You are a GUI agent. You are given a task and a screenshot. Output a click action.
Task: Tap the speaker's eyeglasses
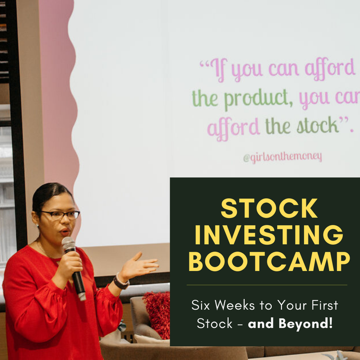click(x=61, y=215)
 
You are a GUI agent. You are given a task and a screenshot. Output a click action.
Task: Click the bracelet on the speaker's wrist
click(x=121, y=282)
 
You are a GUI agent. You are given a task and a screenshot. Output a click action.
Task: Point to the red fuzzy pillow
click(x=157, y=314)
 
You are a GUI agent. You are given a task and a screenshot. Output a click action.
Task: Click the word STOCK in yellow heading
click(x=269, y=208)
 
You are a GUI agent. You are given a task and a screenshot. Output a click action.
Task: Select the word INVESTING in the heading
click(x=269, y=235)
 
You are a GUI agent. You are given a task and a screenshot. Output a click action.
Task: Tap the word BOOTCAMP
click(x=269, y=261)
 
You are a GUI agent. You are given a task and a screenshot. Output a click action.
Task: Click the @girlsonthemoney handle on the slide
click(x=282, y=157)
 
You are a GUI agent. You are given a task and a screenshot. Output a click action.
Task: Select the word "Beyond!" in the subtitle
click(x=305, y=323)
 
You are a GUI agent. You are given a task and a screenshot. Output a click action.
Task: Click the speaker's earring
click(x=38, y=226)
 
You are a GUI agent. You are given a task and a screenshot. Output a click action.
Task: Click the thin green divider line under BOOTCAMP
click(x=267, y=285)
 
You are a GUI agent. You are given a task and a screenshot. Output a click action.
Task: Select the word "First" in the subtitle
click(x=325, y=305)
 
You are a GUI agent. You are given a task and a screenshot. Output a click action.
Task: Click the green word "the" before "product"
click(x=205, y=98)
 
